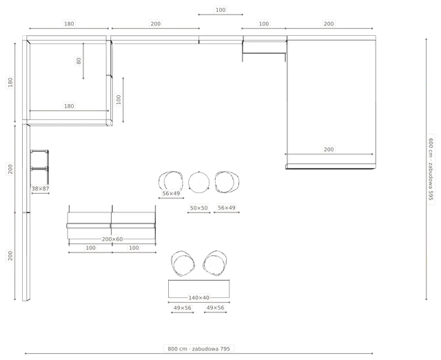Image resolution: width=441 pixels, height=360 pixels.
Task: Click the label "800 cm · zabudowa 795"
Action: pos(199,349)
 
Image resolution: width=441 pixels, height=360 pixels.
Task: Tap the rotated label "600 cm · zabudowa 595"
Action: pos(431,169)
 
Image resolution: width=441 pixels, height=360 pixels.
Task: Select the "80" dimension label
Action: pos(79,61)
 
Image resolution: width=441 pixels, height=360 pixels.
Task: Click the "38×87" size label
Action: pos(40,188)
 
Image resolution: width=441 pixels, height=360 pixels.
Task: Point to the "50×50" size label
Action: pos(199,208)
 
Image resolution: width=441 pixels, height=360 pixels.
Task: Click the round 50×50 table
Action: pos(199,182)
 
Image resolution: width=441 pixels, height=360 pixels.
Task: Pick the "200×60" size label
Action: pos(112,239)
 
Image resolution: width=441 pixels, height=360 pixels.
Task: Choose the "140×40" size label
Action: pos(199,297)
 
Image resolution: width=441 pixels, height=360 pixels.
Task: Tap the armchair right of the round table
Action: pos(227,182)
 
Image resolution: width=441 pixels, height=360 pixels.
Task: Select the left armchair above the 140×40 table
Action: pos(183,263)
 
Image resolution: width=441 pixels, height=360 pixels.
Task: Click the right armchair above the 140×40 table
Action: pos(215,263)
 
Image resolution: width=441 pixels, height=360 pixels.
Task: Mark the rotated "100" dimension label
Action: pos(119,99)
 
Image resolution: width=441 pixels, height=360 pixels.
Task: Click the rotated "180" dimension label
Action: pos(10,82)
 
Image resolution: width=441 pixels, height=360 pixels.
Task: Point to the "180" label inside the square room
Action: pos(69,106)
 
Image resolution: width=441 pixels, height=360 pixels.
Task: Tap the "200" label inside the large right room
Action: pos(329,150)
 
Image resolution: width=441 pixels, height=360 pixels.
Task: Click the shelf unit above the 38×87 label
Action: pos(39,167)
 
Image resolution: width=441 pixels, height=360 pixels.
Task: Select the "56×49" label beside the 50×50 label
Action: pos(227,208)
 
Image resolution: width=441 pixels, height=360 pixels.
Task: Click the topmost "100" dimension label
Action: pos(220,10)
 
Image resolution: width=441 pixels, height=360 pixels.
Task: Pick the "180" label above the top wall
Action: pos(69,23)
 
